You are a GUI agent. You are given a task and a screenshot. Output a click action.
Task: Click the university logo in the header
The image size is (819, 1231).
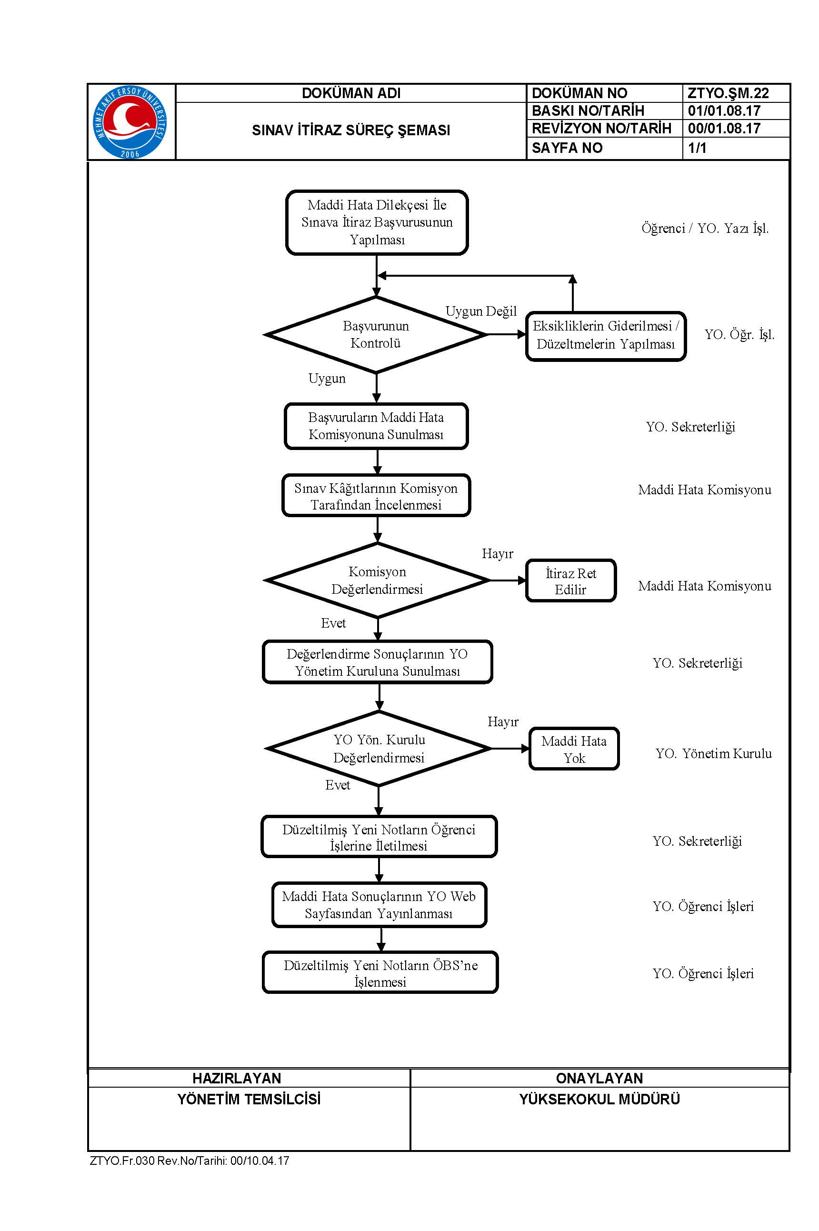pyautogui.click(x=130, y=122)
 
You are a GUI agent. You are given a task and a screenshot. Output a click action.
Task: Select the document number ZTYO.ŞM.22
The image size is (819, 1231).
pyautogui.click(x=728, y=93)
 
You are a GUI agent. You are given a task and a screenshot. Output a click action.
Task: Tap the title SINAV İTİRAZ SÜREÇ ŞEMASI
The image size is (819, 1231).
pyautogui.click(x=351, y=130)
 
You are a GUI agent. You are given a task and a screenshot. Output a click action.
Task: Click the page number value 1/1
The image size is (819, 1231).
pyautogui.click(x=697, y=148)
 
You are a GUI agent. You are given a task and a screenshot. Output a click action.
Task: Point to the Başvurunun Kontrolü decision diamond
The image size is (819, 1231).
pyautogui.click(x=376, y=335)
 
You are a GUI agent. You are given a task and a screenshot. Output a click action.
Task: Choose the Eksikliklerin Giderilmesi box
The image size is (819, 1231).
pyautogui.click(x=606, y=336)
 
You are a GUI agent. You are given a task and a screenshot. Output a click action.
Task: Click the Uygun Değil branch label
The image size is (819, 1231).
pyautogui.click(x=481, y=311)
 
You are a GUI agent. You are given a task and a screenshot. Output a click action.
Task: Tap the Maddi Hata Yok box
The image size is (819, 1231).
pyautogui.click(x=574, y=749)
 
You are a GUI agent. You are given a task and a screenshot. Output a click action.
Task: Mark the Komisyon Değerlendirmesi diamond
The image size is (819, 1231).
pyautogui.click(x=377, y=580)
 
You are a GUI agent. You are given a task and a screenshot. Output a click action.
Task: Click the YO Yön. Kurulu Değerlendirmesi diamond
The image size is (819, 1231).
pyautogui.click(x=379, y=749)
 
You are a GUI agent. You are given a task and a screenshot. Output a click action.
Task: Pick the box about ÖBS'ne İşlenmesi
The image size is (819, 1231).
pyautogui.click(x=380, y=972)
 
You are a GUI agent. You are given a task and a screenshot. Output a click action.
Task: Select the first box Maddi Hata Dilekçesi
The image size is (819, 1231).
pyautogui.click(x=377, y=222)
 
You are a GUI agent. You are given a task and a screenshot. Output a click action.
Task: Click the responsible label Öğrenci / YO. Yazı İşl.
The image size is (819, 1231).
pyautogui.click(x=705, y=228)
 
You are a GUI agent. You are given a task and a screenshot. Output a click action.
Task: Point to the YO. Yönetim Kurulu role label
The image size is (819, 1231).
pyautogui.click(x=713, y=753)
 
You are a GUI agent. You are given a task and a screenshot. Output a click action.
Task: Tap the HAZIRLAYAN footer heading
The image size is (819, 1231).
pyautogui.click(x=237, y=1078)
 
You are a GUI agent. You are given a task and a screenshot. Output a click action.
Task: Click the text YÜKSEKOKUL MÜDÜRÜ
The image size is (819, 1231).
pyautogui.click(x=599, y=1100)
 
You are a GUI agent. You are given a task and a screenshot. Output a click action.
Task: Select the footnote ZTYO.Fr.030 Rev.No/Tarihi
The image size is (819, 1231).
pyautogui.click(x=190, y=1161)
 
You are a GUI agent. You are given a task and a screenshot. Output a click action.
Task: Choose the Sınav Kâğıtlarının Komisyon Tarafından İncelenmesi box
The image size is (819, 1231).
pyautogui.click(x=376, y=496)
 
